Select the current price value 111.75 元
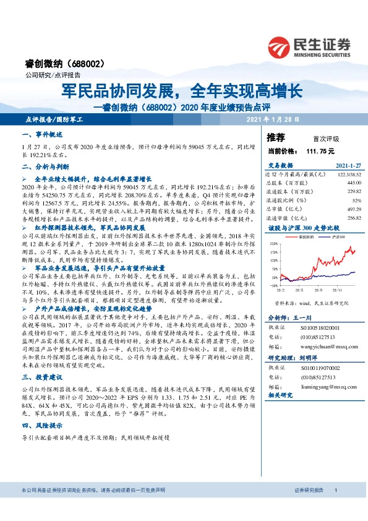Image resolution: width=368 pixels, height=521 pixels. (320, 150)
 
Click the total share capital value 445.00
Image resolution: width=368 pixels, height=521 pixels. (354, 183)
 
